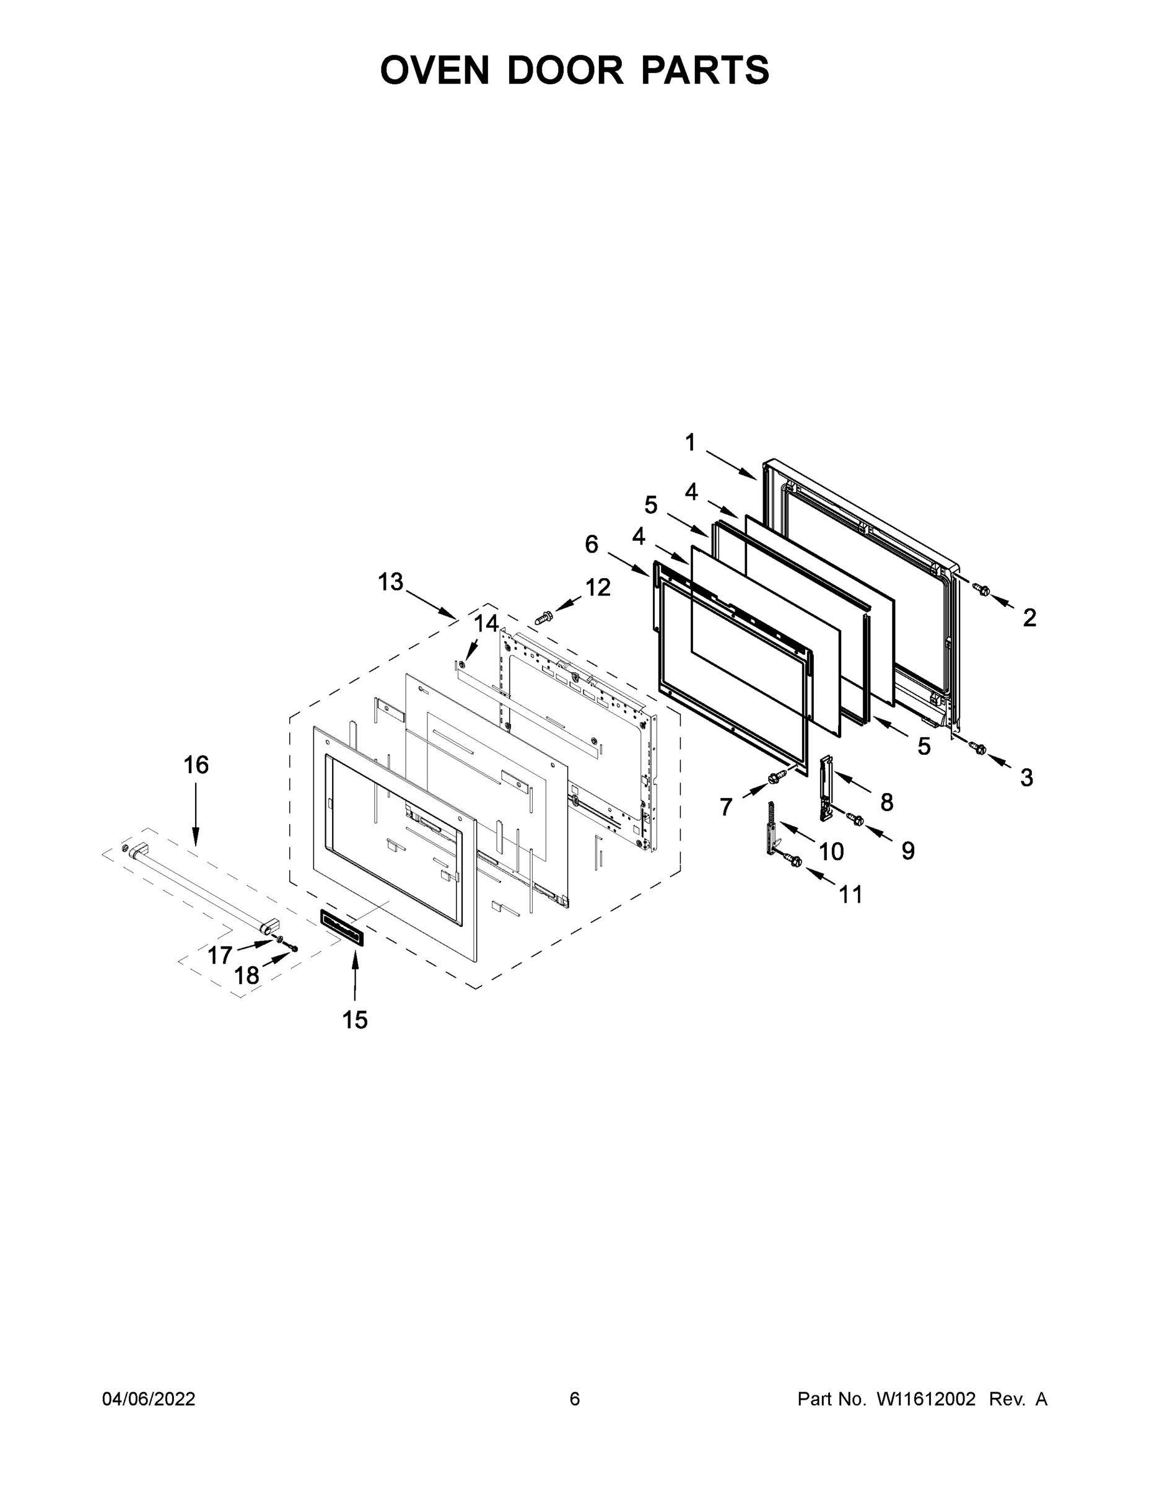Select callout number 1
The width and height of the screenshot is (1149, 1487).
(x=690, y=443)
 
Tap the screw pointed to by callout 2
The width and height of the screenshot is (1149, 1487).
(x=981, y=590)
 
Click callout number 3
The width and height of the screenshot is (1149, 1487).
(x=1026, y=778)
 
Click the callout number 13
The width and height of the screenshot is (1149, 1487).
(x=391, y=582)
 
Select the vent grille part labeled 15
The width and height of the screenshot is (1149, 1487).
(x=343, y=928)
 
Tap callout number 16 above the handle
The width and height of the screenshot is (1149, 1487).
(x=196, y=765)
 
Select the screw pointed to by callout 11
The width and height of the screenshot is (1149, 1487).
(x=793, y=862)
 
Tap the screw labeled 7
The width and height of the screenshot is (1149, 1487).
(x=774, y=777)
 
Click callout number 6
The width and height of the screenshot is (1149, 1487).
(x=591, y=544)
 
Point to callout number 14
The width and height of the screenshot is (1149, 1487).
(x=486, y=623)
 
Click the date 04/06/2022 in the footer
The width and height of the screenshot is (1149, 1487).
(x=149, y=1400)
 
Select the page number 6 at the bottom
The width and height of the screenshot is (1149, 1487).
(x=575, y=1400)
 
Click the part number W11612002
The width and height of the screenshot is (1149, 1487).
(x=926, y=1400)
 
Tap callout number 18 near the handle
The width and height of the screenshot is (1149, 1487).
(x=247, y=976)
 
